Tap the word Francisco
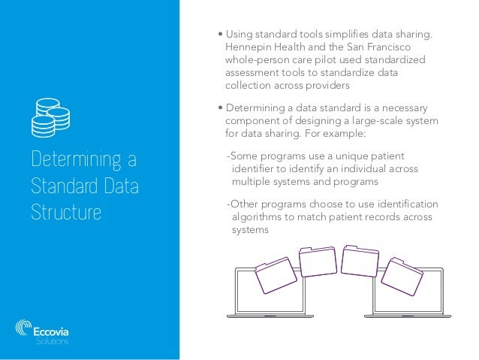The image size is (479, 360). (x=408, y=47)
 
